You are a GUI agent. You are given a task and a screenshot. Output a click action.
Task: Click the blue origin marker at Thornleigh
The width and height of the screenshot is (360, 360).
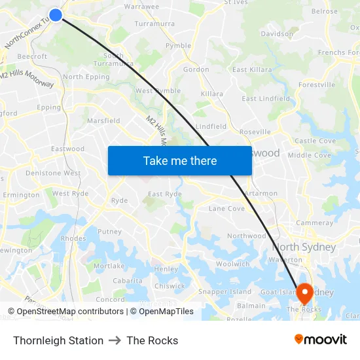(56, 14)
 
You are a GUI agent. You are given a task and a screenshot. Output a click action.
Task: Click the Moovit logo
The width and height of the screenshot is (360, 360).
(321, 340)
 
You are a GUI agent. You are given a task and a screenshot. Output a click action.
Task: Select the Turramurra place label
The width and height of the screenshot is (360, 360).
(154, 24)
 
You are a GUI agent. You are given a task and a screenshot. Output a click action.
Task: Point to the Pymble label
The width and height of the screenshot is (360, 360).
(178, 46)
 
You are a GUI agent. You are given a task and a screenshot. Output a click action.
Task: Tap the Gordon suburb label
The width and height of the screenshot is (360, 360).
(196, 69)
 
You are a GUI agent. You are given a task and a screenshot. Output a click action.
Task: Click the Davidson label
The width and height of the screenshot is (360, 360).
(277, 33)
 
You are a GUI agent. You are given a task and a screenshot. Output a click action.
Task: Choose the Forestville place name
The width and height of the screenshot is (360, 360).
(317, 85)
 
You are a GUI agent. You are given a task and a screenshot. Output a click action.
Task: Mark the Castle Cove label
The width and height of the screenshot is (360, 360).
(315, 141)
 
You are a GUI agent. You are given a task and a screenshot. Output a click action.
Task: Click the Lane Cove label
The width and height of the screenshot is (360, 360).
(226, 209)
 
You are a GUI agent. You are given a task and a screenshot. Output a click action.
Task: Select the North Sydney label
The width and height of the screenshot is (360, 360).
(304, 247)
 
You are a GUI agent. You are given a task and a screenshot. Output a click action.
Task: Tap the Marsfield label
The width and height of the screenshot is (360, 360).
(103, 120)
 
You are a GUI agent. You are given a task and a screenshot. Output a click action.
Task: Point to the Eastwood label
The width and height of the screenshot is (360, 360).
(68, 149)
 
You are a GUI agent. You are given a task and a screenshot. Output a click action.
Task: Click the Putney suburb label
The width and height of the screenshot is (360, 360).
(109, 232)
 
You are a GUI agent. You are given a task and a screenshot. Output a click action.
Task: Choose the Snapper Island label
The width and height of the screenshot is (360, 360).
(225, 291)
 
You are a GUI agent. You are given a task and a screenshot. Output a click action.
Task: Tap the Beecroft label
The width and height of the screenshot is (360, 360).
(32, 57)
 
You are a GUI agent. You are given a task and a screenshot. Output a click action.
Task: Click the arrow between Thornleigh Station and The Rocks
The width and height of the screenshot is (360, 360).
(115, 340)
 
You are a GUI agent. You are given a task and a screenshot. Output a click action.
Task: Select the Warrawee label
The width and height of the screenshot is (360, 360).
(141, 7)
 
